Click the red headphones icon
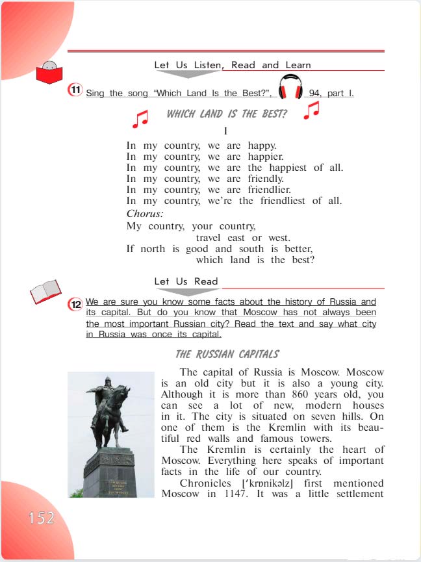[290, 87]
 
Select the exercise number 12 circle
[76, 304]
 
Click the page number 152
[41, 518]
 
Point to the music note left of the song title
[140, 118]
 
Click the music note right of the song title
[312, 111]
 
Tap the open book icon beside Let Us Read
[45, 291]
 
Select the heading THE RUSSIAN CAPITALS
[227, 354]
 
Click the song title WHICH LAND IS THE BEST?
[227, 114]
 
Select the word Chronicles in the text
[205, 483]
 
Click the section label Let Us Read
[186, 281]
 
